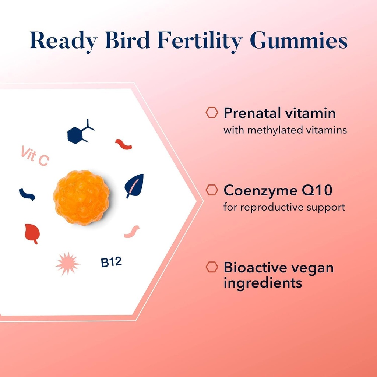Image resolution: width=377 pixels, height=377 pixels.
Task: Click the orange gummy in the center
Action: [81, 197]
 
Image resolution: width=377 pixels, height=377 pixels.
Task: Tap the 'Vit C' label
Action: [34, 156]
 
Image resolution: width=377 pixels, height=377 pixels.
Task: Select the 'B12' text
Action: [111, 263]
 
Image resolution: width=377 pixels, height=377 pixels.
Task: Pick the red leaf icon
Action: [32, 233]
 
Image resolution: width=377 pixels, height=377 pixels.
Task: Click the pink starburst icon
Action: [67, 264]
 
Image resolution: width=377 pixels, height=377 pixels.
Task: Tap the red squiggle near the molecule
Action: [123, 144]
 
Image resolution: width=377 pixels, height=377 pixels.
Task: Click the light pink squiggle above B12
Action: [132, 232]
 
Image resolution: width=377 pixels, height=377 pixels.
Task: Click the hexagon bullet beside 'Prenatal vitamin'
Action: [211, 113]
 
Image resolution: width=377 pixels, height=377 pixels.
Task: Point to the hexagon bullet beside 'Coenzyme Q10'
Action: [211, 190]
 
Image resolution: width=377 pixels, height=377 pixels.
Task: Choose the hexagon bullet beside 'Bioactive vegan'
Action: [211, 267]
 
